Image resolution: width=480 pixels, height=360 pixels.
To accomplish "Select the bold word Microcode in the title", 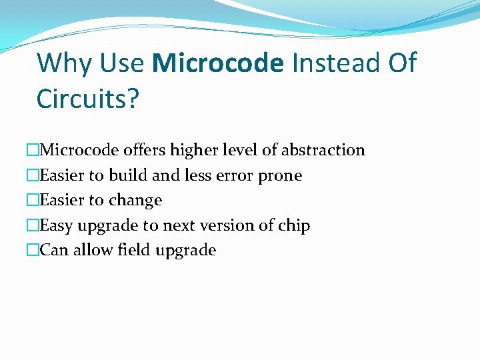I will tap(218, 63).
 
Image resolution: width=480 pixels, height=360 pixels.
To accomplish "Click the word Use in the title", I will tap(123, 63).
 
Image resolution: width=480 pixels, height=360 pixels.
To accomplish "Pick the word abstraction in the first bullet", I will tap(323, 150).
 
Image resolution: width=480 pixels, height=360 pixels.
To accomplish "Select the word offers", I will tap(145, 150).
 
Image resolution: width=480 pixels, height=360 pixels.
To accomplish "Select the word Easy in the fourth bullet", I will tap(57, 226).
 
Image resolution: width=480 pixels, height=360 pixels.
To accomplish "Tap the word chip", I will tap(294, 226).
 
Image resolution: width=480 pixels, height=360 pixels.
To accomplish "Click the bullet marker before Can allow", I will tap(33, 251).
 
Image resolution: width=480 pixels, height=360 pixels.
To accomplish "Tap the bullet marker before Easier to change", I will tap(33, 201).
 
